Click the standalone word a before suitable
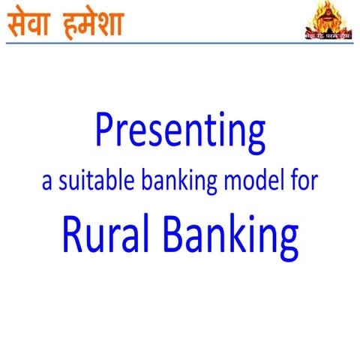[x=47, y=184]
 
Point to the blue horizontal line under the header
[x=180, y=43]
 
